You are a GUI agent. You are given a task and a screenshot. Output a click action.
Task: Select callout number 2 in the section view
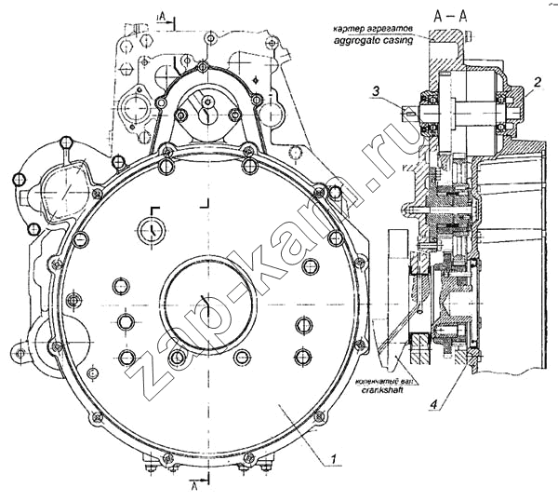click(536, 85)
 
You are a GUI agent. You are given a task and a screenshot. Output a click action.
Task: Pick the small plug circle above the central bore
click(150, 228)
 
